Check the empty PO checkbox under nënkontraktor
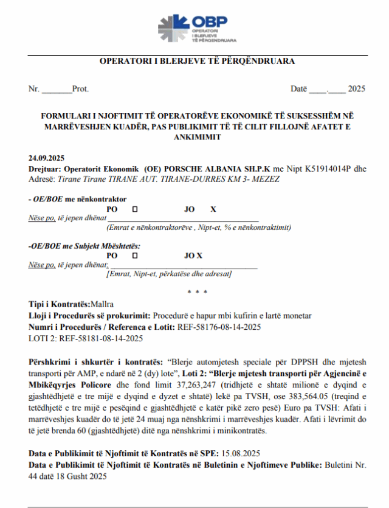pos(134,209)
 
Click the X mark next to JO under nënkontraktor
pos(213,209)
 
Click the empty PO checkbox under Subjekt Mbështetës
pos(134,256)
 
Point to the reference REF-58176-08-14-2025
pos(219,327)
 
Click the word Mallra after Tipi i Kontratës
pos(102,304)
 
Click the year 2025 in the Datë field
pos(357,89)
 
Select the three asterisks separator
pos(197,292)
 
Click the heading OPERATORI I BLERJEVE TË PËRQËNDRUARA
pos(197,61)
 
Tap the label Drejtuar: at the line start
pos(44,168)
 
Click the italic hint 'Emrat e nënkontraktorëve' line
pos(198,228)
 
